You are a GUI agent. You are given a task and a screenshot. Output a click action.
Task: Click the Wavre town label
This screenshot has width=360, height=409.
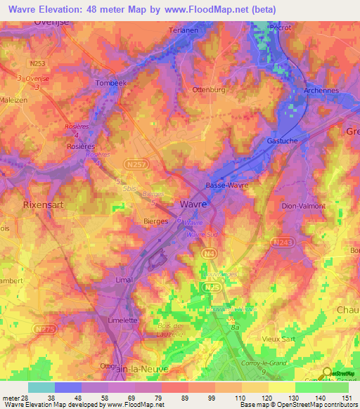point(193,203)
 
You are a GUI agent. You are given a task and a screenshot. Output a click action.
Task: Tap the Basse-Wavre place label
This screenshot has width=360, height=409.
point(224,186)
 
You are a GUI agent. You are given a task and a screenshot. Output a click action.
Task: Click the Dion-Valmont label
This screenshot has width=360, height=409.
point(303,207)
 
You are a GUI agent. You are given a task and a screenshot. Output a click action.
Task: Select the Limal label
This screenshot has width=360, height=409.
point(123,280)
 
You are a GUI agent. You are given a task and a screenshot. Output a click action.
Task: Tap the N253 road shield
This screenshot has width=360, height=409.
point(37,63)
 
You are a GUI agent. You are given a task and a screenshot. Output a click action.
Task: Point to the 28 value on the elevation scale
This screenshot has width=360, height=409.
point(27,397)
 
